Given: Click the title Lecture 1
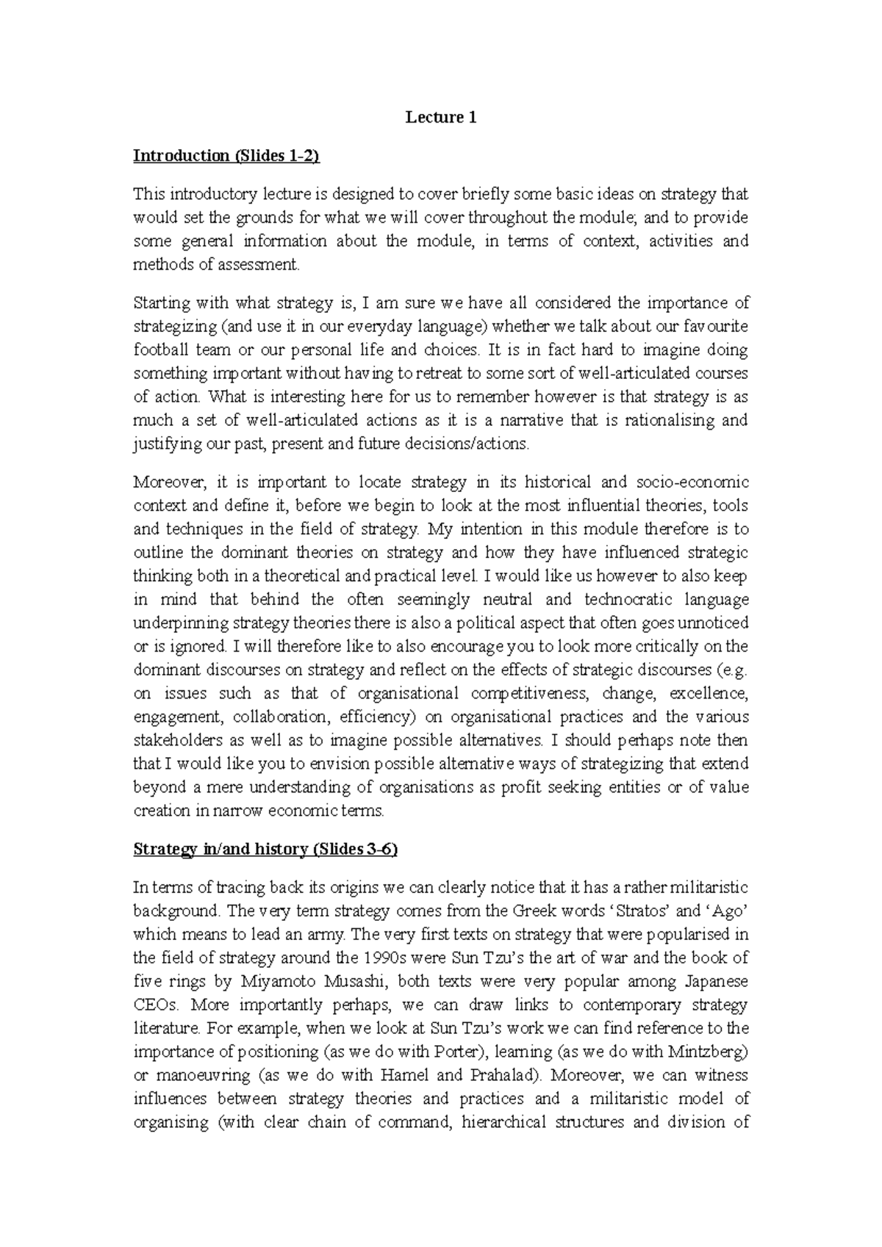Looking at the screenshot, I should [x=441, y=118].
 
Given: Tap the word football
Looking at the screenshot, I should [x=157, y=350].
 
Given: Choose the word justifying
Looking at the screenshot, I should [x=164, y=444].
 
